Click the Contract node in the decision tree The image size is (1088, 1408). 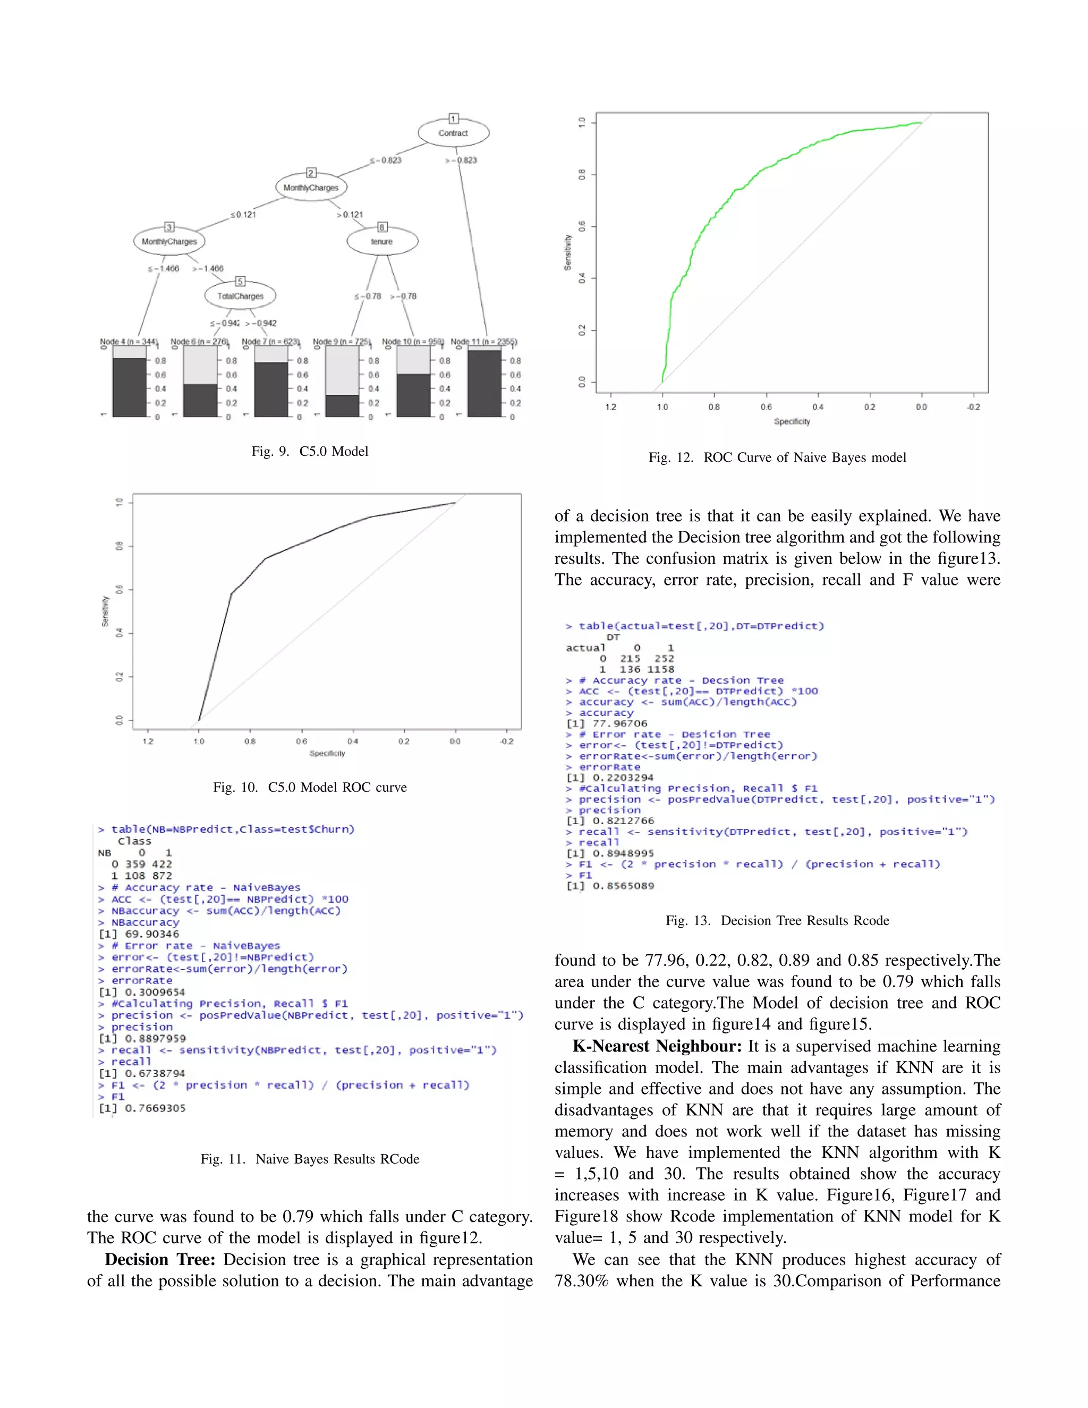click(x=453, y=133)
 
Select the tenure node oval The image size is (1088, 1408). click(x=381, y=242)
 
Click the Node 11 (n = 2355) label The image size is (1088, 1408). click(x=483, y=342)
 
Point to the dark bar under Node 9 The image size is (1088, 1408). click(x=342, y=405)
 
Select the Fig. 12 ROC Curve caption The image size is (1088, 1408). click(x=777, y=457)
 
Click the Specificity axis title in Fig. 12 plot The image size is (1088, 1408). click(x=792, y=422)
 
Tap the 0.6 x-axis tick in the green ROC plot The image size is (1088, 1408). click(x=766, y=407)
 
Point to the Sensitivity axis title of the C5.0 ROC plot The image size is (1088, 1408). click(x=105, y=610)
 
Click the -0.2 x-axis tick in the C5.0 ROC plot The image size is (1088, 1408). click(x=507, y=741)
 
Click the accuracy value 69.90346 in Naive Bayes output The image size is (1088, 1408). click(x=151, y=934)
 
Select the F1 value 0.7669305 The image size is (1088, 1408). click(x=155, y=1108)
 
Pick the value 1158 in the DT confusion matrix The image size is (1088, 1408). click(x=661, y=669)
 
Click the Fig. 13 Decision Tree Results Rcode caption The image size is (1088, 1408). click(x=777, y=921)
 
